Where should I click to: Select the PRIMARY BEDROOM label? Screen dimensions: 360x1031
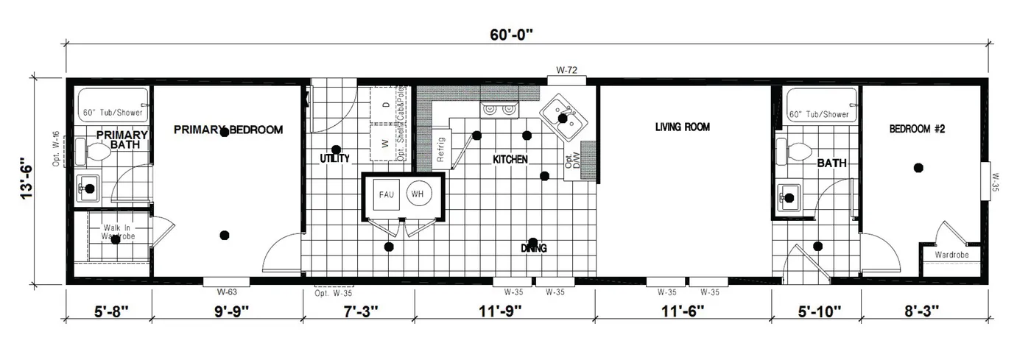point(228,130)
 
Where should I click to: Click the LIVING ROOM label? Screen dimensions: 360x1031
point(682,127)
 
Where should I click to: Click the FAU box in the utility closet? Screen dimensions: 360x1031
point(386,195)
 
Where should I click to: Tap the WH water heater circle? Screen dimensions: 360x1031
point(418,195)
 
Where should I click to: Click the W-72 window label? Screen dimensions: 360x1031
point(566,71)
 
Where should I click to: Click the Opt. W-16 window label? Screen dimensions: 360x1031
point(56,149)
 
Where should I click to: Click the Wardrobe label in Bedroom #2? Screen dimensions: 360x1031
point(951,255)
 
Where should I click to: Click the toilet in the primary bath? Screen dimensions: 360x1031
point(94,152)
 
